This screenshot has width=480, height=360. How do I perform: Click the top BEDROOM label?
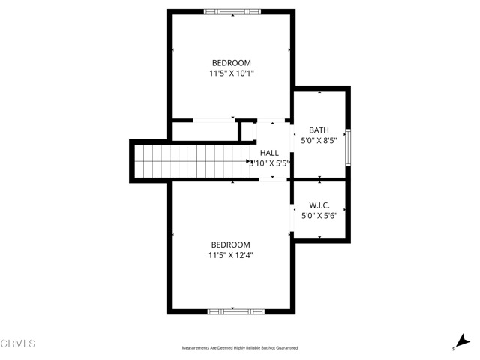[x=231, y=63]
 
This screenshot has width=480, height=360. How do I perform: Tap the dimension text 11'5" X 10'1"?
[x=231, y=73]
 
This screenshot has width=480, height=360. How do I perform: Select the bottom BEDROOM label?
[x=230, y=244]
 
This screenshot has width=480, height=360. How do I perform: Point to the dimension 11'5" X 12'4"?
[x=230, y=255]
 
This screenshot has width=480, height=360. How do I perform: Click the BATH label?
[x=319, y=130]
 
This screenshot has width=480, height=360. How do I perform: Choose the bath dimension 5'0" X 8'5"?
[x=319, y=140]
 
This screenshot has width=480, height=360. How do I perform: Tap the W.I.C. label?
[x=319, y=205]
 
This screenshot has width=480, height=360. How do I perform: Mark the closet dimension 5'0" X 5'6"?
[x=319, y=216]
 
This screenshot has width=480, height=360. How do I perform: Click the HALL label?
[x=269, y=153]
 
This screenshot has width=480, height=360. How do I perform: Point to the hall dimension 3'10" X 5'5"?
[x=269, y=163]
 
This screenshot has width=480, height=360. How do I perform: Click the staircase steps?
[x=190, y=161]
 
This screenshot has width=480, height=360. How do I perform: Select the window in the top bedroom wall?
[x=232, y=11]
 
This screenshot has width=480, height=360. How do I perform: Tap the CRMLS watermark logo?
[x=18, y=344]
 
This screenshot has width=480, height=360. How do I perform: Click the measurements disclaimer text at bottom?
[x=240, y=348]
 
